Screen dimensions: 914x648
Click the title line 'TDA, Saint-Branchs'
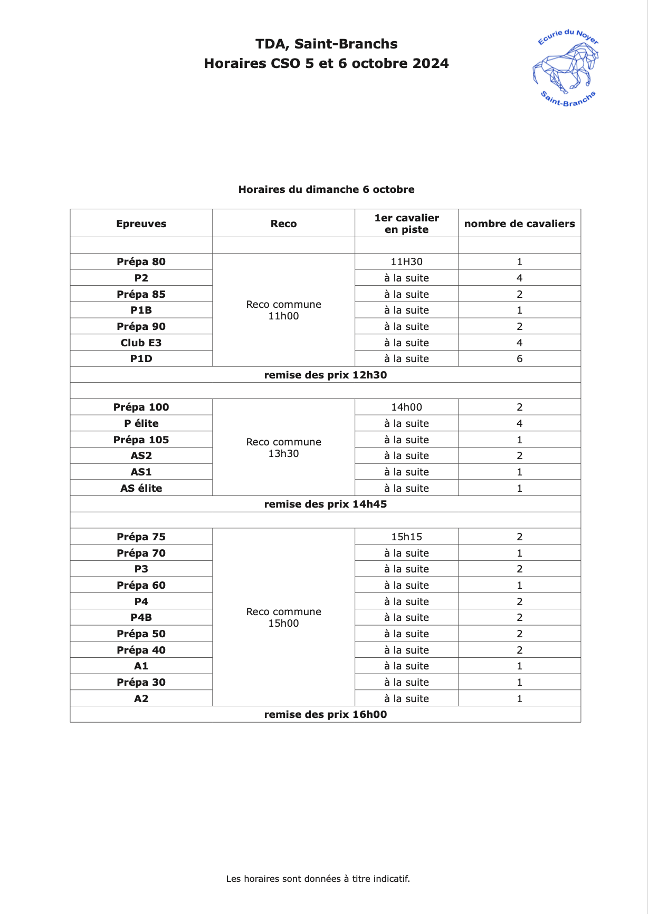point(326,44)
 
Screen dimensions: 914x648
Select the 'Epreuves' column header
point(141,223)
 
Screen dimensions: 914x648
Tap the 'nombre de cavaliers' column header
point(519,223)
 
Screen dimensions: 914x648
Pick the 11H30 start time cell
point(406,261)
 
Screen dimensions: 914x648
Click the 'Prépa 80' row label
point(141,261)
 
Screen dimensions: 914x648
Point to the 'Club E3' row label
point(141,343)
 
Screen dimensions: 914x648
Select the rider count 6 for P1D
point(519,358)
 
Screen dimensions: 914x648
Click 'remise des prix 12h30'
point(325,375)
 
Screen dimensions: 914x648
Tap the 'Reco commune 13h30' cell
point(283,448)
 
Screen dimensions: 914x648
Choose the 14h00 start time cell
point(406,407)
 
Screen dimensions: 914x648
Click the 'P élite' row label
point(141,423)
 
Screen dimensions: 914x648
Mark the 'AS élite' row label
point(141,488)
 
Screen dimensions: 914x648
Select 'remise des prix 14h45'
point(325,504)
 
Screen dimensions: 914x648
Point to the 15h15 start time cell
point(406,537)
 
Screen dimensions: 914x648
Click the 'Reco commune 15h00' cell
point(283,617)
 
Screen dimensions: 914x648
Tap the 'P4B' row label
point(141,617)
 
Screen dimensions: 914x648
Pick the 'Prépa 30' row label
point(141,682)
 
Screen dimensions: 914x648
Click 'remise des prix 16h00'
point(325,714)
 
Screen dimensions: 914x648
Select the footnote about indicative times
point(318,879)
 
